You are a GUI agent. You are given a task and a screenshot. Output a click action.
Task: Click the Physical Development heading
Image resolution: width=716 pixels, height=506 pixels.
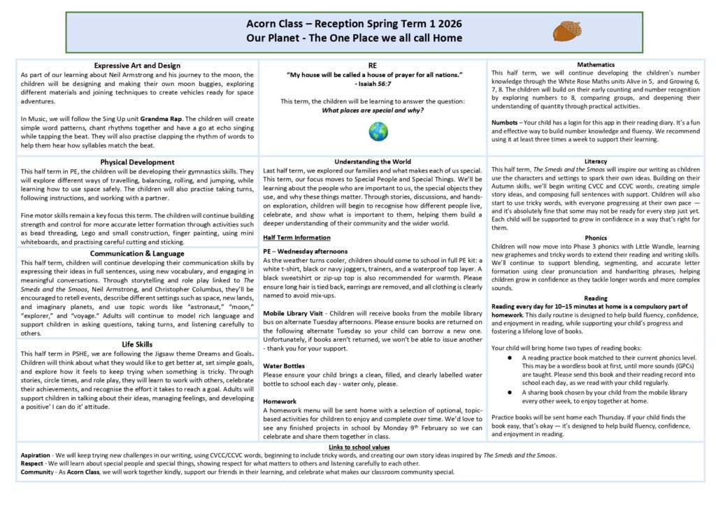(137, 162)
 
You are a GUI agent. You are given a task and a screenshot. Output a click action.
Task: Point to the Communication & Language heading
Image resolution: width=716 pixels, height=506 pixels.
(137, 254)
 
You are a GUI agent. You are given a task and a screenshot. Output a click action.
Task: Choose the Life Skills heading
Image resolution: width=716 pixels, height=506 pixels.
(137, 345)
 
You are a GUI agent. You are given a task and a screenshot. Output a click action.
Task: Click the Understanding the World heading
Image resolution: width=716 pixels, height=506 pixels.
(373, 162)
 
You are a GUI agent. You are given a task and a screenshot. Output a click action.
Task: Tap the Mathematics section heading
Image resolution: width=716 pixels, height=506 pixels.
(596, 64)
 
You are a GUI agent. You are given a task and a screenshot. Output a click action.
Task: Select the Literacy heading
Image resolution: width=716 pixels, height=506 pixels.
(596, 161)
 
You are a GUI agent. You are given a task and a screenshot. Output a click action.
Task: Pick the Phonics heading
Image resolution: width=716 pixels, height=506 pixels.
(596, 238)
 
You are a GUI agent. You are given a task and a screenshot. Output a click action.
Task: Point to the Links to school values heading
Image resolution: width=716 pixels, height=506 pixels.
(359, 447)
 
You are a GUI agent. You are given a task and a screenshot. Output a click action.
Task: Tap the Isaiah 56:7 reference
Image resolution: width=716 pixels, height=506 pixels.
(373, 84)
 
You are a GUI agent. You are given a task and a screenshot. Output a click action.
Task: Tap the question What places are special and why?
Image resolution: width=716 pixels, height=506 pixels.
(373, 110)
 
